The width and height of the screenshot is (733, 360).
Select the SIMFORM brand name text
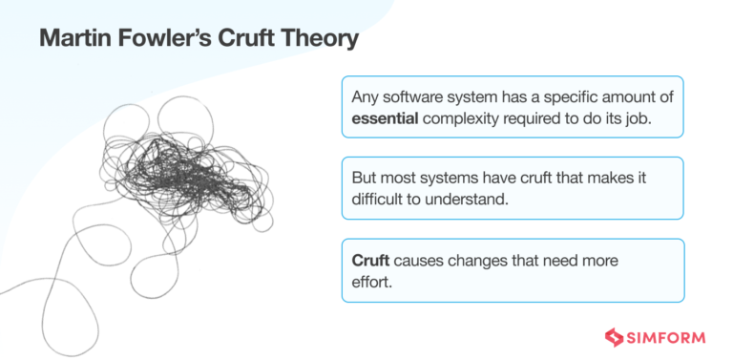coord(667,335)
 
